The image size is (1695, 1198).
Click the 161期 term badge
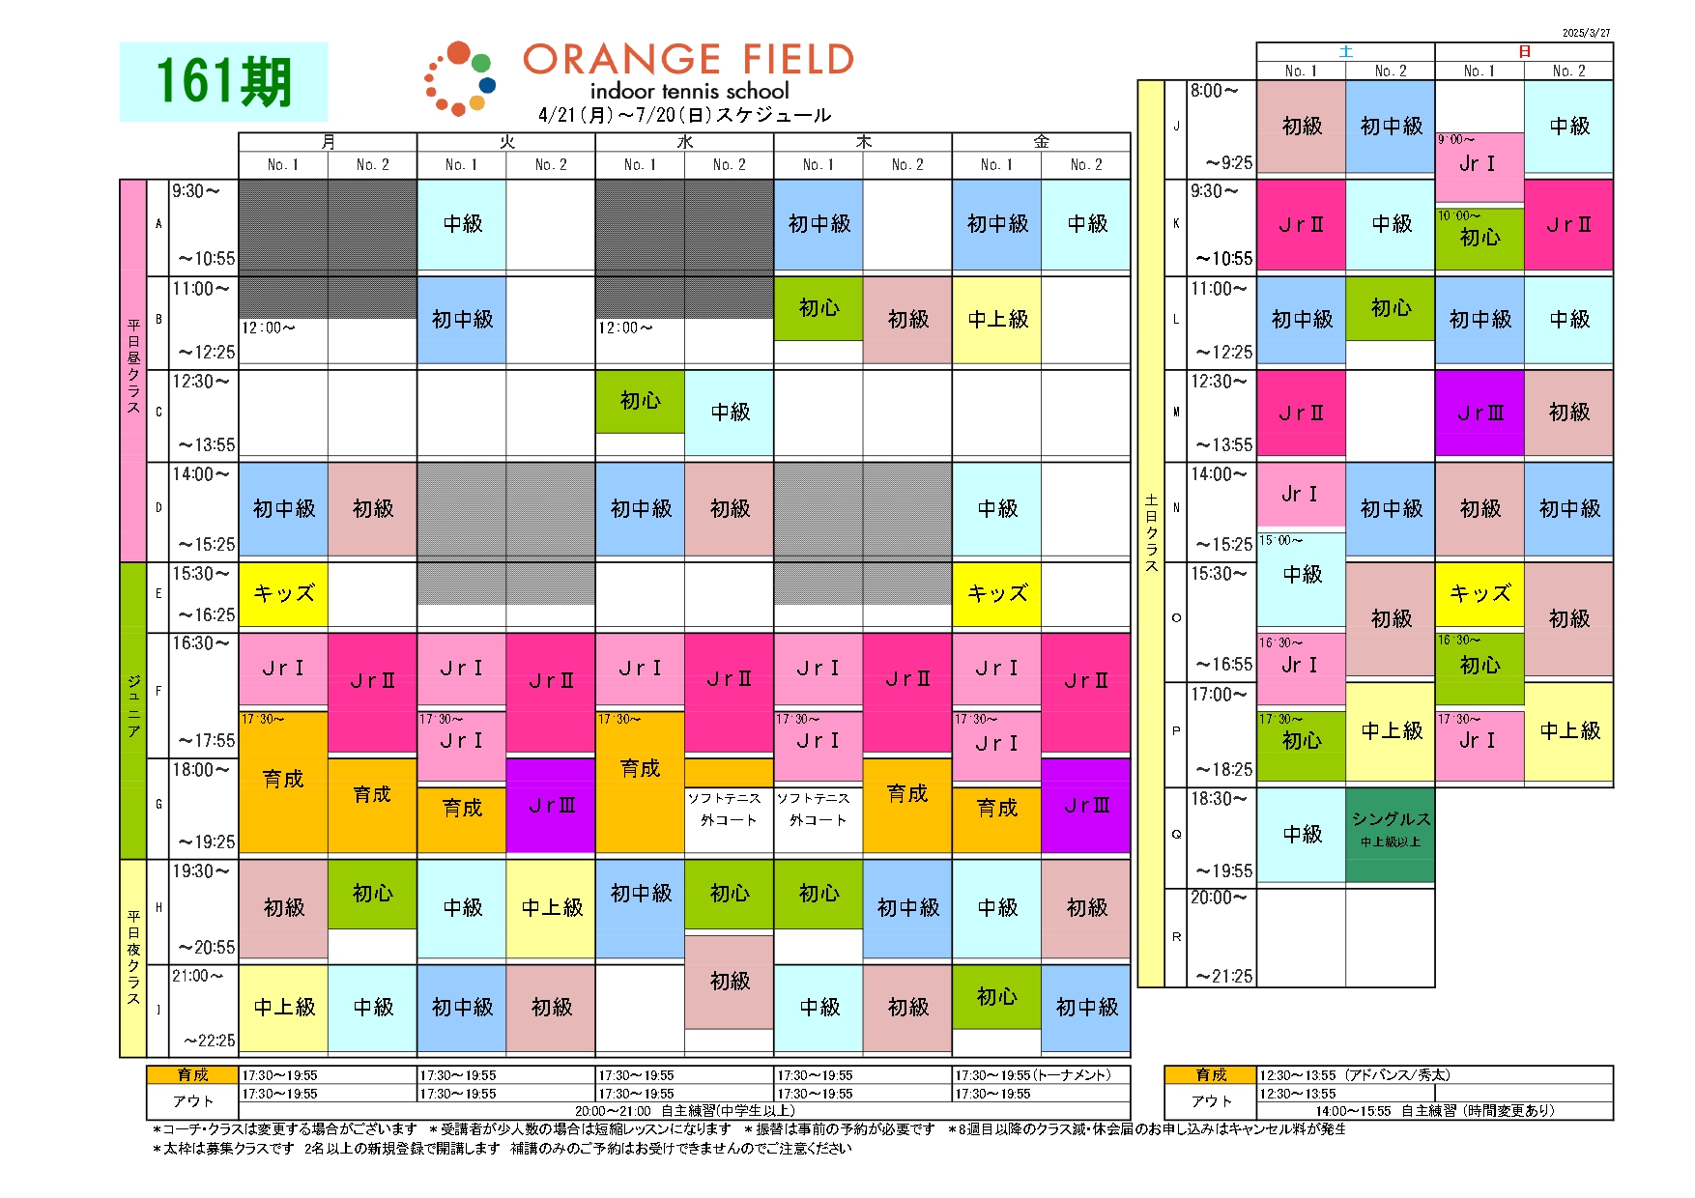223,81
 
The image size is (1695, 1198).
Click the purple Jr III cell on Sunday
1480,413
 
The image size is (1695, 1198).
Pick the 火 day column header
506,142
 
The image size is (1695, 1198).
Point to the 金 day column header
1041,142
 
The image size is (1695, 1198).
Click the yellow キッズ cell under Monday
283,593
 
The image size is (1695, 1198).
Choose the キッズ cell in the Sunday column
1480,593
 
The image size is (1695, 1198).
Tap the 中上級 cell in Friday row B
997,319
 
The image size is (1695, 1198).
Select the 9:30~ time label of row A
196,191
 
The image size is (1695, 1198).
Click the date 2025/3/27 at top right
1586,33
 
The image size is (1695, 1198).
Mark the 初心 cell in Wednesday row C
640,400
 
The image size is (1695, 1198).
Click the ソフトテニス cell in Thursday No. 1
818,809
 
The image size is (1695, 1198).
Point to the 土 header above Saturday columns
1345,51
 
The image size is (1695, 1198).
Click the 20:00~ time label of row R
1219,898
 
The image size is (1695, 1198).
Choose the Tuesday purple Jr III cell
551,805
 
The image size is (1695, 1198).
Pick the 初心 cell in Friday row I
996,996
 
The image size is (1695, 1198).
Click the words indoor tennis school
689,91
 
